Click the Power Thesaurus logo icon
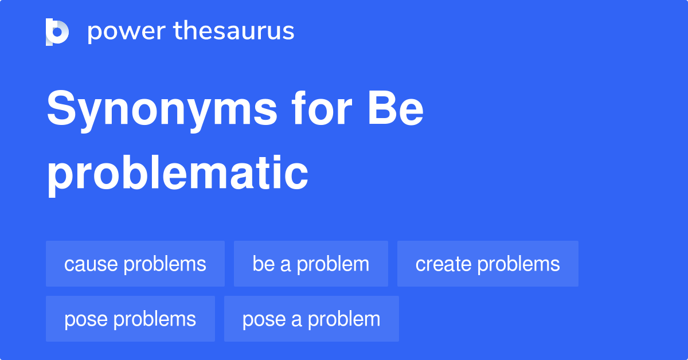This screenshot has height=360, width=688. [x=57, y=32]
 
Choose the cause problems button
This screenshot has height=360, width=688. [x=135, y=264]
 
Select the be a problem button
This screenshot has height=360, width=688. [x=311, y=264]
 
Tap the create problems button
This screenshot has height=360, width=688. [x=487, y=264]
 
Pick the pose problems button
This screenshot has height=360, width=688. [x=130, y=319]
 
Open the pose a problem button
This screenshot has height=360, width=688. [x=311, y=319]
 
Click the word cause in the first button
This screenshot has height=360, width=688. [x=91, y=264]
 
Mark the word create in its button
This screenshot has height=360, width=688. [x=443, y=264]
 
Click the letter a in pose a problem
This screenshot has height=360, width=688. [x=296, y=320]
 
